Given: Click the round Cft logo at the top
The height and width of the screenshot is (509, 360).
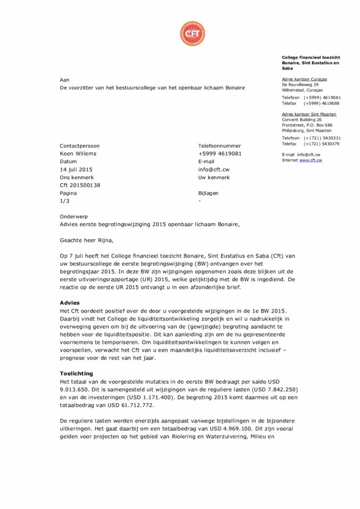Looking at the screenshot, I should (192, 34).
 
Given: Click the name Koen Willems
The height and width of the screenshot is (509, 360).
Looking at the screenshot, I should (78, 154).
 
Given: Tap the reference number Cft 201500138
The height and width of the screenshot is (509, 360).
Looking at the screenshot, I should (80, 185).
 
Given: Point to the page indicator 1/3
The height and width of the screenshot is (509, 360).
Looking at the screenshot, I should (65, 201).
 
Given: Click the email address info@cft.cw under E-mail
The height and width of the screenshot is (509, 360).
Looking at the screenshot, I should (213, 170).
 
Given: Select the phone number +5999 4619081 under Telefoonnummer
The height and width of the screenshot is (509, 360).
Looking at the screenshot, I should (220, 154).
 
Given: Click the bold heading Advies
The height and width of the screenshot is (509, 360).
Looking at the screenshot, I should (70, 303).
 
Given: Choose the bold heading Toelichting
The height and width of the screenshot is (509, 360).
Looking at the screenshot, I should (76, 373).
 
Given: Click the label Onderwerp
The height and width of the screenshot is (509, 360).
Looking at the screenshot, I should (73, 217).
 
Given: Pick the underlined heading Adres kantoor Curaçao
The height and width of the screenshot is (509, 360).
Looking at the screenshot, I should (304, 79).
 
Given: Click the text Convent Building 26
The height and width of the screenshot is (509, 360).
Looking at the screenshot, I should (302, 120).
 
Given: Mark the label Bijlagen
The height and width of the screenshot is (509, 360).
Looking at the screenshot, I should (208, 193).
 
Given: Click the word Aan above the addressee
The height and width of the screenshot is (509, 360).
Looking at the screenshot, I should (65, 80).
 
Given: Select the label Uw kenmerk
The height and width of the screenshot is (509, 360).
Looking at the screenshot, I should (214, 177).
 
